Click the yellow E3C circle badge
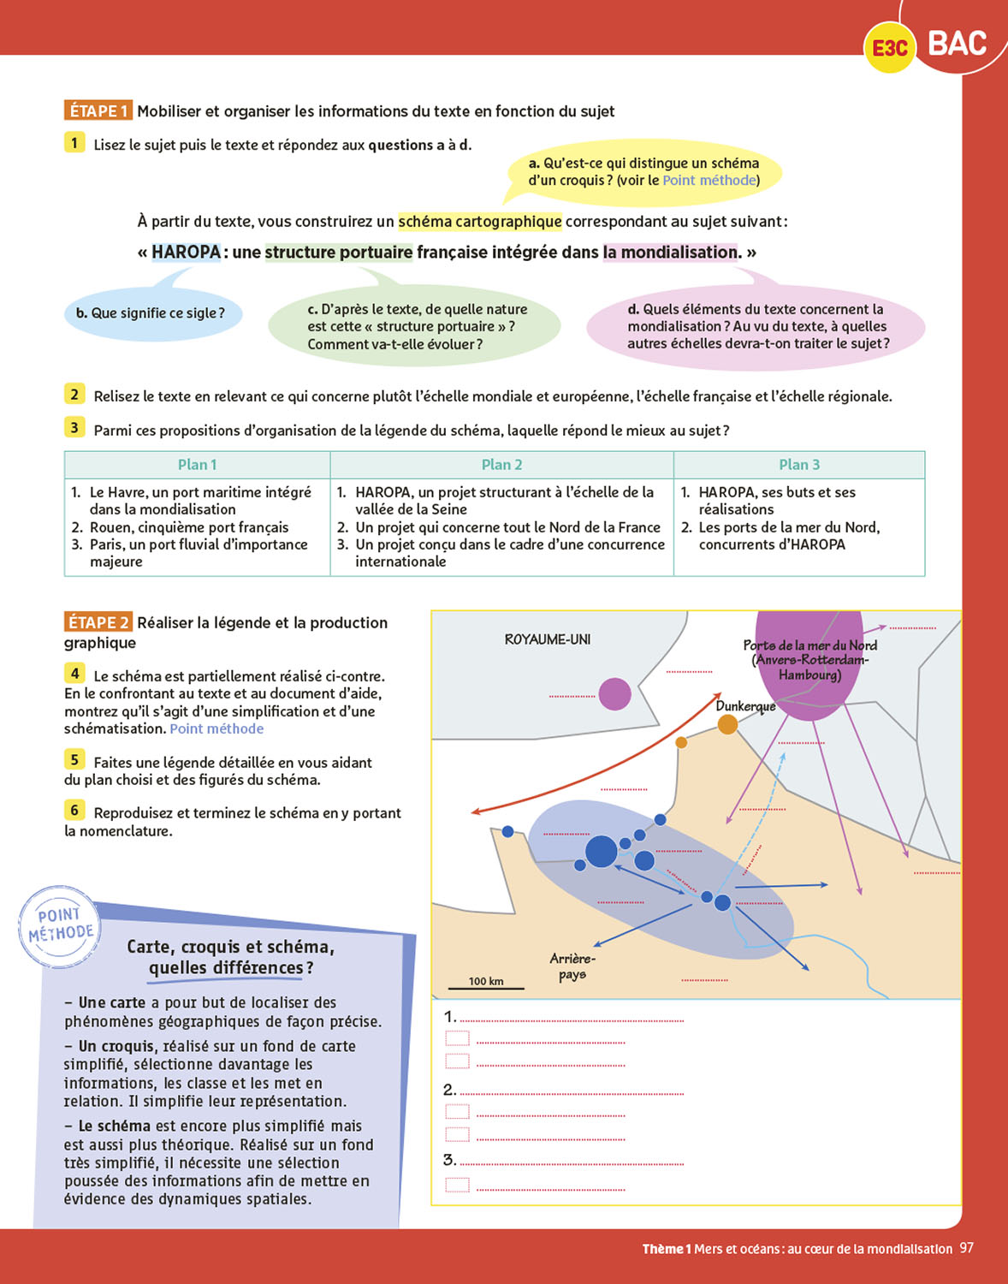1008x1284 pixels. tap(890, 48)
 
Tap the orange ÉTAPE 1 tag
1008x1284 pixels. tap(98, 110)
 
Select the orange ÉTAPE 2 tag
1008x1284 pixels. tap(98, 622)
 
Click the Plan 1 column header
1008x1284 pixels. tap(197, 465)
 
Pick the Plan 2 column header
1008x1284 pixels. tap(501, 465)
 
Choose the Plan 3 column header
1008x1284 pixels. tap(799, 465)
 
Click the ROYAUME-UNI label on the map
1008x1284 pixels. tap(548, 639)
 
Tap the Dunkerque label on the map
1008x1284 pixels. tap(745, 706)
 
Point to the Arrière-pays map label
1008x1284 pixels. tap(572, 966)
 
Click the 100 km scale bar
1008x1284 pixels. tap(486, 986)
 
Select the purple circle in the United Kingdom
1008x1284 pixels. tap(614, 694)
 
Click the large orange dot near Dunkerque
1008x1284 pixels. tap(727, 725)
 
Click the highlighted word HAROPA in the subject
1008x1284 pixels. tap(186, 253)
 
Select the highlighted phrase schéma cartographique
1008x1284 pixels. tap(480, 222)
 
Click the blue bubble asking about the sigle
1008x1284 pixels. tap(152, 313)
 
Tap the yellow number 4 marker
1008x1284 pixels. tap(74, 674)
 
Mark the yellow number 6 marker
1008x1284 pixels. tap(74, 810)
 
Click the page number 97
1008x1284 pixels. tap(966, 1248)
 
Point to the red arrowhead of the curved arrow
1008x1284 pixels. tap(476, 811)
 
